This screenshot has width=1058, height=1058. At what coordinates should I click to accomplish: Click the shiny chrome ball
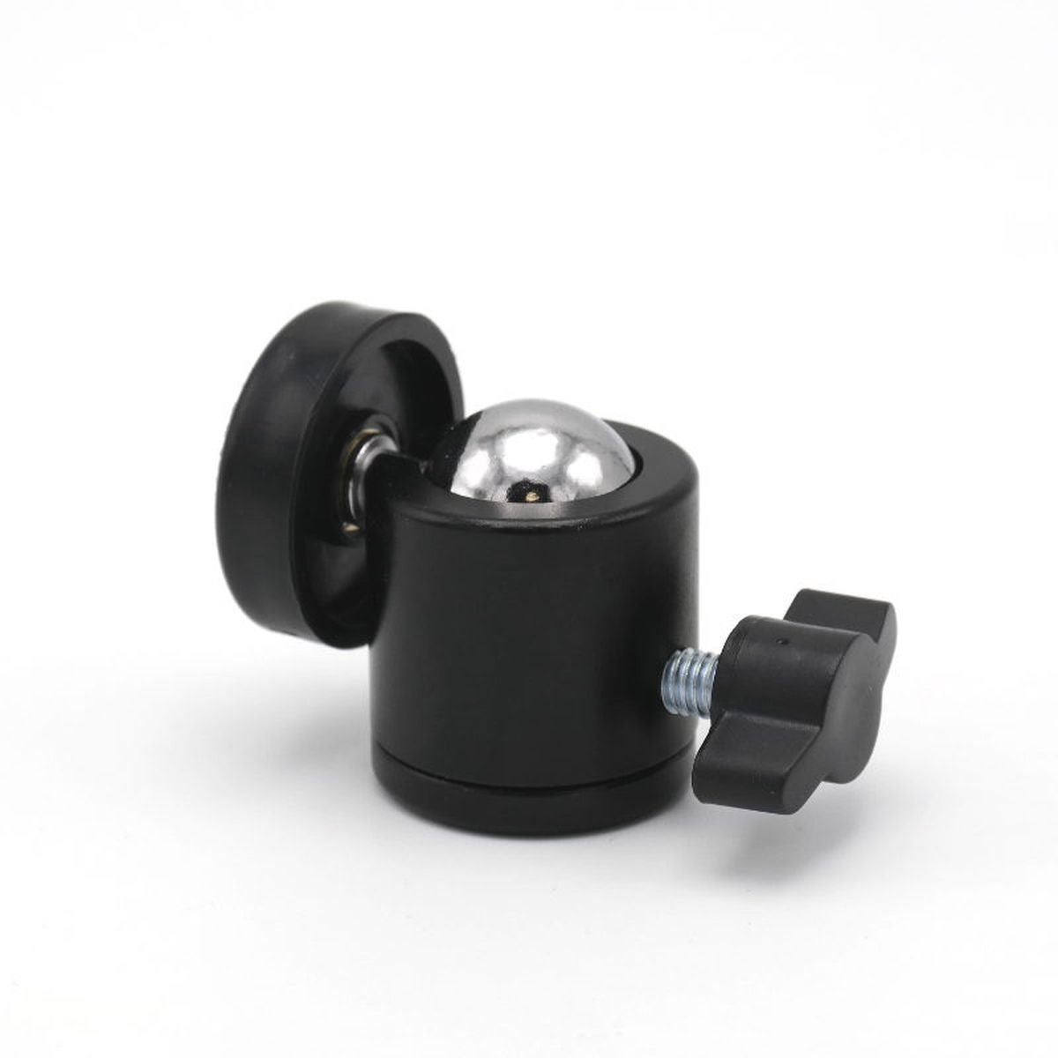tap(529, 454)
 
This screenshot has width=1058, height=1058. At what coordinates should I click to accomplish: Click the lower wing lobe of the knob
tap(749, 767)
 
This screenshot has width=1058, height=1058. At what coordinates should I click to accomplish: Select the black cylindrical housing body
tap(529, 635)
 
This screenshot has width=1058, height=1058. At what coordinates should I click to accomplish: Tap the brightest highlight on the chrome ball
tap(494, 441)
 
